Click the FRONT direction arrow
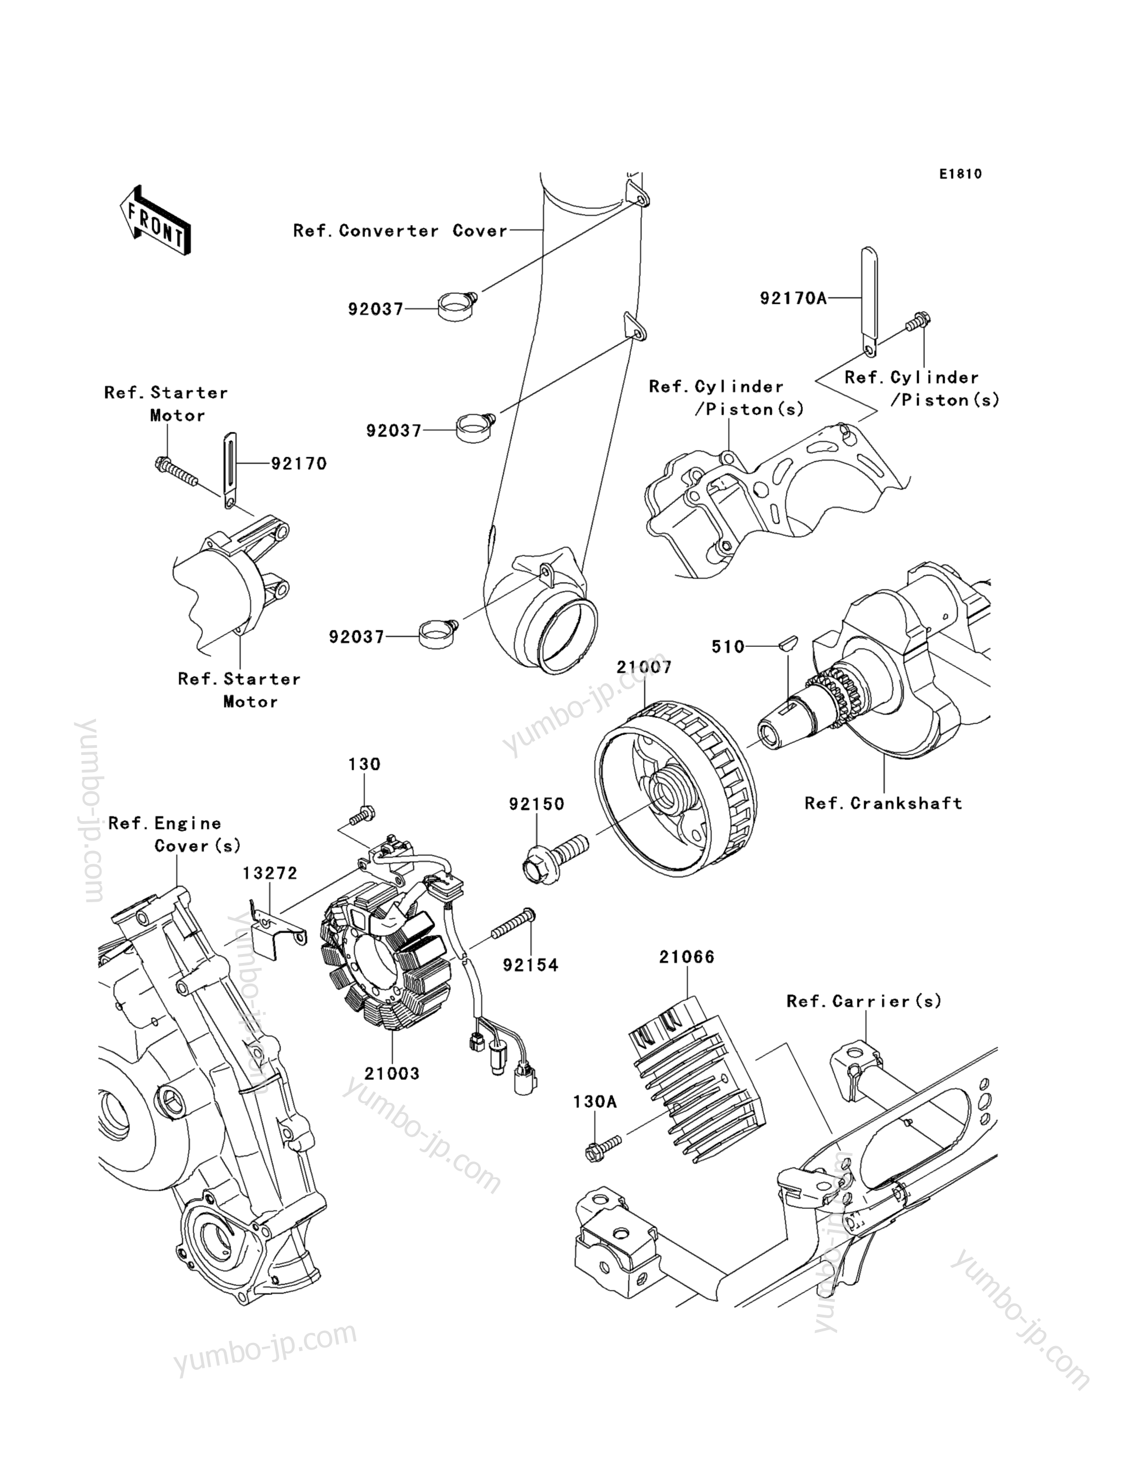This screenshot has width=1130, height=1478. (x=155, y=221)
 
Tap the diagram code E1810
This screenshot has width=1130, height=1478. (x=961, y=174)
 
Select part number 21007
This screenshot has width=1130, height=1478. (x=644, y=667)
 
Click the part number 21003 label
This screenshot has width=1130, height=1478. (x=392, y=1074)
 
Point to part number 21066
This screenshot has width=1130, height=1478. (x=687, y=957)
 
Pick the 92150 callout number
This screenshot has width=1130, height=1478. (x=536, y=804)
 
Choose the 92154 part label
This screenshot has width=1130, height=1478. (x=531, y=965)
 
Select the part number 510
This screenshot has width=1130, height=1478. (x=728, y=647)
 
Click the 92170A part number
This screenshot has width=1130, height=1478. (x=793, y=298)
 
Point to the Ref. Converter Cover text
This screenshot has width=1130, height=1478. (x=400, y=231)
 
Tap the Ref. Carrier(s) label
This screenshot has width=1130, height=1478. (x=864, y=1002)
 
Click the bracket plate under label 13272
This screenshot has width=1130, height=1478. (x=279, y=927)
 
